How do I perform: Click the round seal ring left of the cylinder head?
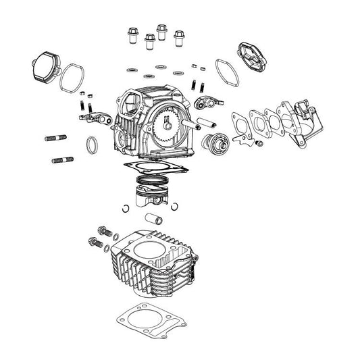[91, 144]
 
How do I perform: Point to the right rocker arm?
[205, 102]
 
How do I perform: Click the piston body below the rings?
[153, 198]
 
